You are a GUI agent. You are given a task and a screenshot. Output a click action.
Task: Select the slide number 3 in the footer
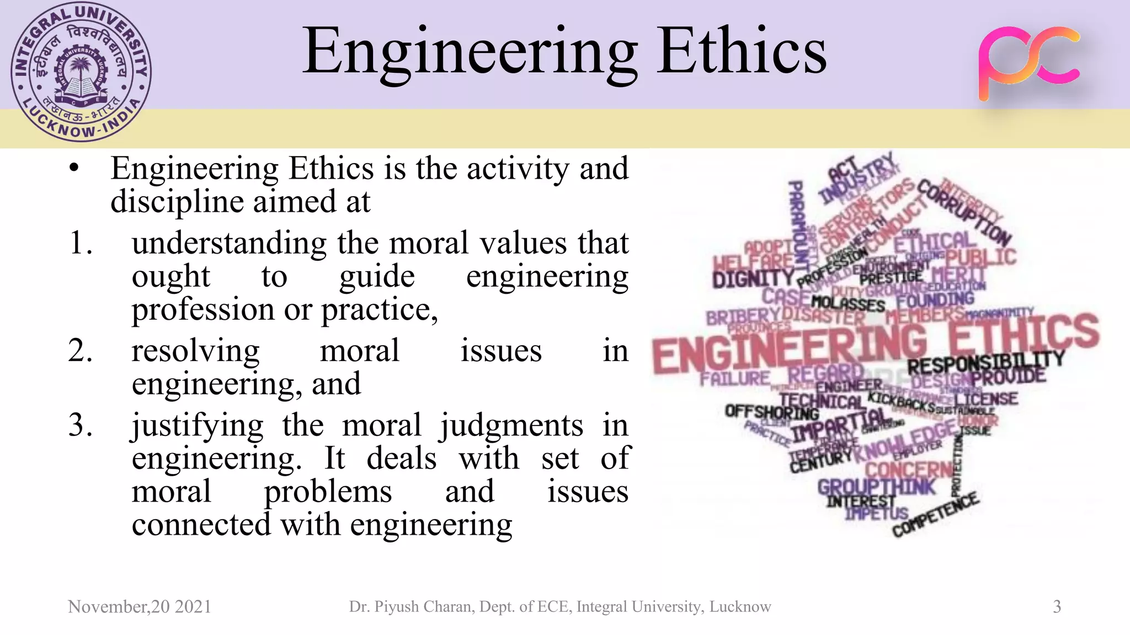[x=1057, y=606]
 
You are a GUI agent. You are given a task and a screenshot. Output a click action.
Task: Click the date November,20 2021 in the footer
[x=140, y=606]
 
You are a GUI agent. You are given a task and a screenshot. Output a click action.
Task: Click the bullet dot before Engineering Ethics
[x=74, y=168]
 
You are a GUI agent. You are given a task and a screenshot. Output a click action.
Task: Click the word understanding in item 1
[x=229, y=243]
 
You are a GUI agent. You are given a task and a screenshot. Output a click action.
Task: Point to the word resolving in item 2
[x=195, y=351]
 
